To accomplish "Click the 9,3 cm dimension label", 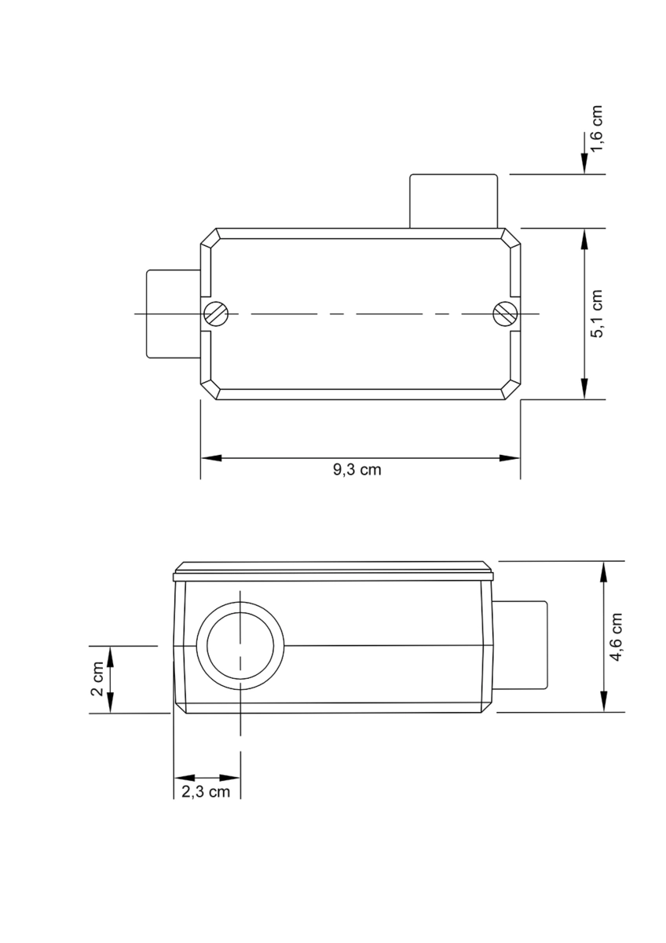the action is tap(357, 469).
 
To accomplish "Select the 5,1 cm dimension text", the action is tap(596, 314).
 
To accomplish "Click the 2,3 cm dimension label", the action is tap(206, 792).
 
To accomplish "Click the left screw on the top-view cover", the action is tap(216, 314).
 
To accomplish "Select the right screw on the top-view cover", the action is tap(505, 314).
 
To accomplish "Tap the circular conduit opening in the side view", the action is tap(240, 646).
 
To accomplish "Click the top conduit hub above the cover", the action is tap(453, 201).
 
